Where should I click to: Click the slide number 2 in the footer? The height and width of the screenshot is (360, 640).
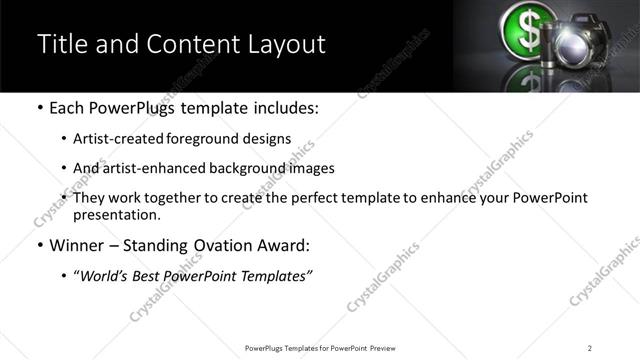pos(590,348)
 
